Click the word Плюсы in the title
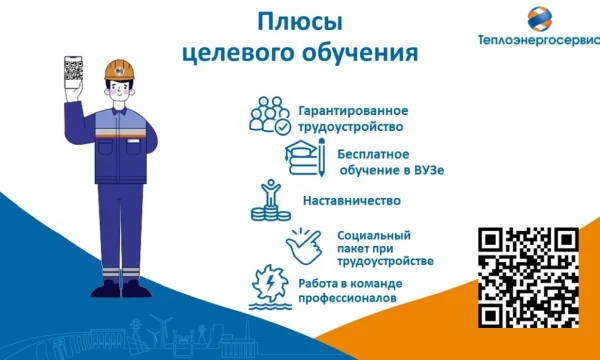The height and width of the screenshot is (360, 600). tap(300, 23)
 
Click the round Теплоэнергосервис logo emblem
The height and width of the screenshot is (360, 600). tap(540, 18)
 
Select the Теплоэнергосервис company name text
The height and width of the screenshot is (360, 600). tap(539, 40)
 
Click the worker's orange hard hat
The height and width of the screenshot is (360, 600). tap(119, 70)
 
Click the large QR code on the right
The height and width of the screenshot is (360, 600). tap(528, 277)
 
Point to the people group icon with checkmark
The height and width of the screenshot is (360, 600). tap(270, 116)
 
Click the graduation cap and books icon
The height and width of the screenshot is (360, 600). tap(305, 157)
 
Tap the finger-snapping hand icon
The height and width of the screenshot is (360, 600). tap(304, 246)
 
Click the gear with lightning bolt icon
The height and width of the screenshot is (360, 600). tap(270, 287)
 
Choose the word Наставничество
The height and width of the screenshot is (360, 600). tap(352, 201)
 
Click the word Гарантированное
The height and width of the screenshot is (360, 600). tap(353, 111)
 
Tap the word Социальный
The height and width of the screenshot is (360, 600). tap(374, 235)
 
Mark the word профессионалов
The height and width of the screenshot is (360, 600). tap(347, 298)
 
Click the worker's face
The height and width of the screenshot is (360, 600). tap(120, 90)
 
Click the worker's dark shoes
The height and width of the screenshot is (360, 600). tap(121, 290)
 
